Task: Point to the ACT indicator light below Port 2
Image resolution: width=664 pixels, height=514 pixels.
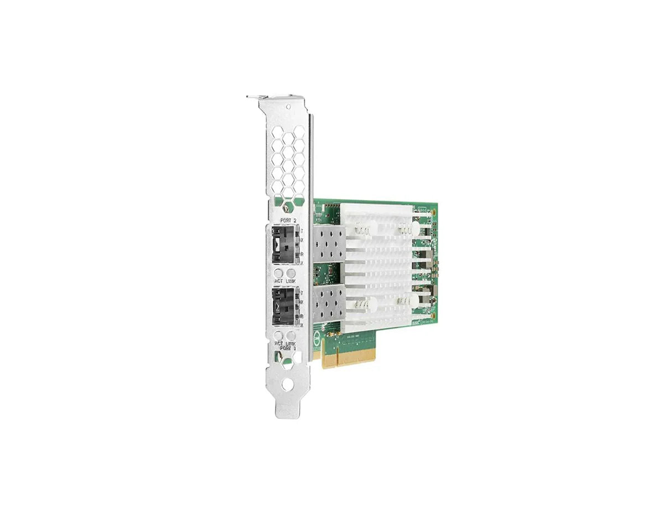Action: point(279,274)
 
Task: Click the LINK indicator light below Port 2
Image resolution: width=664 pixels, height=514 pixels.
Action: point(290,274)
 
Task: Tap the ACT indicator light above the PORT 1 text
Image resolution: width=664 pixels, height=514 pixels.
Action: point(279,335)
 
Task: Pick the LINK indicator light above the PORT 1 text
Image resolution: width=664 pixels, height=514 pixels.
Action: point(290,335)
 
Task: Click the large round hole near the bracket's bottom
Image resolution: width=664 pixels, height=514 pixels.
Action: point(286,385)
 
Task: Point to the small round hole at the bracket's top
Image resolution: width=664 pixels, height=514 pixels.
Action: point(288,106)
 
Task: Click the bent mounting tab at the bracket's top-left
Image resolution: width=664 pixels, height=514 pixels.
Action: point(252,98)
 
